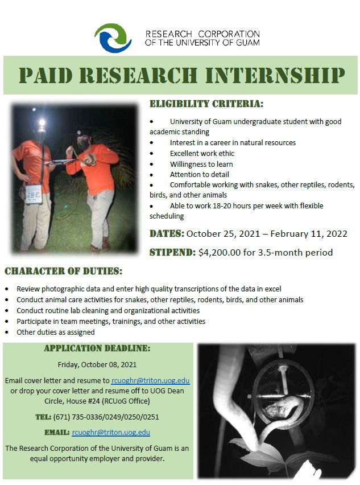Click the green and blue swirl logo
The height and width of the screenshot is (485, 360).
pyautogui.click(x=113, y=38)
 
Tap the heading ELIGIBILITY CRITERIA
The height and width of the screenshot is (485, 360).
pyautogui.click(x=206, y=104)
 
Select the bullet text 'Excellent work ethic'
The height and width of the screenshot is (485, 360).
pyautogui.click(x=202, y=154)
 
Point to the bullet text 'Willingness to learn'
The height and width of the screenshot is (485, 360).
pyautogui.click(x=201, y=165)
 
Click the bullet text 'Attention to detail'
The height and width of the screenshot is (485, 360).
pyautogui.click(x=200, y=174)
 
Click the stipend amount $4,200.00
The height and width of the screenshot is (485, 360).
pyautogui.click(x=220, y=252)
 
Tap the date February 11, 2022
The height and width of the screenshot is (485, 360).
pyautogui.click(x=309, y=233)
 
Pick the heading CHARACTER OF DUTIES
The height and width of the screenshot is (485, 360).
pyautogui.click(x=63, y=272)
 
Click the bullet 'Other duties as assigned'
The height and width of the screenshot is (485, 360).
pyautogui.click(x=56, y=332)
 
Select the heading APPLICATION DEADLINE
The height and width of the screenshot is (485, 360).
pyautogui.click(x=97, y=348)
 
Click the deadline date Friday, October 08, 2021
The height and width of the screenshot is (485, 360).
pyautogui.click(x=97, y=365)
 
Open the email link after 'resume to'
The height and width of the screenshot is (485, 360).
pyautogui.click(x=151, y=381)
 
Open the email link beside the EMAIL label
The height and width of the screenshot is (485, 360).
pyautogui.click(x=111, y=433)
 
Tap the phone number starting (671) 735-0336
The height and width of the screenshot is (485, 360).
pyautogui.click(x=106, y=417)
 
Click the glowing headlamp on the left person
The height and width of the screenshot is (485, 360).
pyautogui.click(x=42, y=122)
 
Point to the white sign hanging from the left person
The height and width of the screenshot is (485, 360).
pyautogui.click(x=34, y=194)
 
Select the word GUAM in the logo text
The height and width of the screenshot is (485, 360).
pyautogui.click(x=247, y=42)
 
